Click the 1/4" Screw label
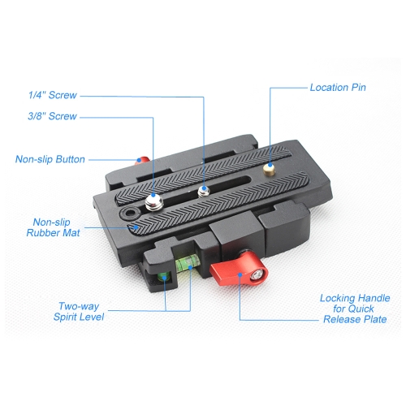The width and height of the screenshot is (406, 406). click(x=53, y=95)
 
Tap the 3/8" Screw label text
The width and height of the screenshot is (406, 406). click(x=52, y=116)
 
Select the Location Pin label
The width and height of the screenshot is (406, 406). click(x=338, y=88)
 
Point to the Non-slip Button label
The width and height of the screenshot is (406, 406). click(x=50, y=159)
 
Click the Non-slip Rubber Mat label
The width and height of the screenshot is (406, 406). click(x=53, y=227)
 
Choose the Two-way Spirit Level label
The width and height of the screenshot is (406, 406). click(x=79, y=312)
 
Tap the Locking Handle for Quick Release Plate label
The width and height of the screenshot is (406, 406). click(x=355, y=309)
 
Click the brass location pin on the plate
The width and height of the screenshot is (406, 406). click(x=269, y=170)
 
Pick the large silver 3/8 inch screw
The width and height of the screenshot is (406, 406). click(x=154, y=202)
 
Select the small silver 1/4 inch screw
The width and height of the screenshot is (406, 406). click(x=204, y=192)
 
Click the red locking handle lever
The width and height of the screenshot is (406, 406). click(x=239, y=269)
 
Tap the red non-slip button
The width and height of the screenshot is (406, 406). click(x=142, y=162)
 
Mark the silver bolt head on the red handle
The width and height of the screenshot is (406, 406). click(x=256, y=275)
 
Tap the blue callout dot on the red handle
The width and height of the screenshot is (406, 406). click(x=240, y=275)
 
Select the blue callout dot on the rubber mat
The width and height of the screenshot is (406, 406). click(x=136, y=227)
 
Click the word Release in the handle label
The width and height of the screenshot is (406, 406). click(x=343, y=319)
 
